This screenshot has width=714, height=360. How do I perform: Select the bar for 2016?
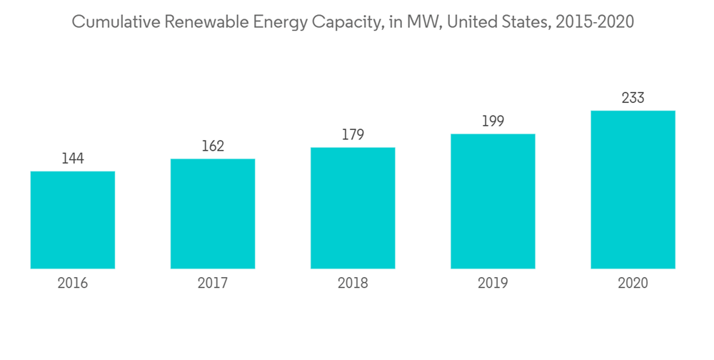73,220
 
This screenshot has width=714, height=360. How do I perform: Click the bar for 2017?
213,214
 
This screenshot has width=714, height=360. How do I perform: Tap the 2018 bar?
353,208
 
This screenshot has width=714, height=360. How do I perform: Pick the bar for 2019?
493,201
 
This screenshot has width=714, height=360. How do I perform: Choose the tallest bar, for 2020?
633,189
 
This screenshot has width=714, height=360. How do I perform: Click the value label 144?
73,159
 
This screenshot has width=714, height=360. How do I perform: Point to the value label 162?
213,146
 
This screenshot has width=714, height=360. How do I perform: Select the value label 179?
353,135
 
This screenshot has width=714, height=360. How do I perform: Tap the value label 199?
493,121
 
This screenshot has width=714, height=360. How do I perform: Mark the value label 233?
633,98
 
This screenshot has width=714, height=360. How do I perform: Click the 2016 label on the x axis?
73,284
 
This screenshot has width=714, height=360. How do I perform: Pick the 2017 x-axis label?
213,284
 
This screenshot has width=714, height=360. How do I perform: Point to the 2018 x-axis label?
353,284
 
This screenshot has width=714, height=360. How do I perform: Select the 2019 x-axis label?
493,284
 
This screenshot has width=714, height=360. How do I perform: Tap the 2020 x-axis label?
633,284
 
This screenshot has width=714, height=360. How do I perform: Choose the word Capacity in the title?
345,23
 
